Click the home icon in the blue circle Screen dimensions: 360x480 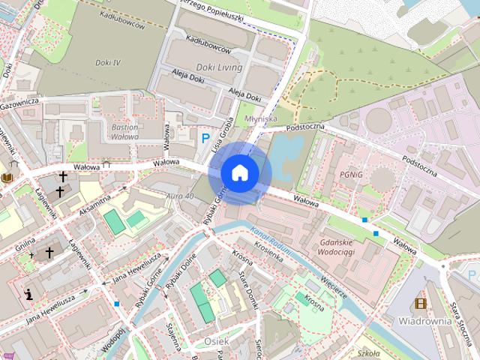(x=240, y=172)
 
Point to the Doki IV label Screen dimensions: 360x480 (x=108, y=62)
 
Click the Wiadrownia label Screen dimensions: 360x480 (x=424, y=321)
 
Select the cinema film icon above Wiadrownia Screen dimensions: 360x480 (x=420, y=304)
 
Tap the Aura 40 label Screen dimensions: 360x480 (x=180, y=196)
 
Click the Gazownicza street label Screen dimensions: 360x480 (x=19, y=101)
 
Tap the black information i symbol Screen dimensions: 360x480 (x=28, y=295)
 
